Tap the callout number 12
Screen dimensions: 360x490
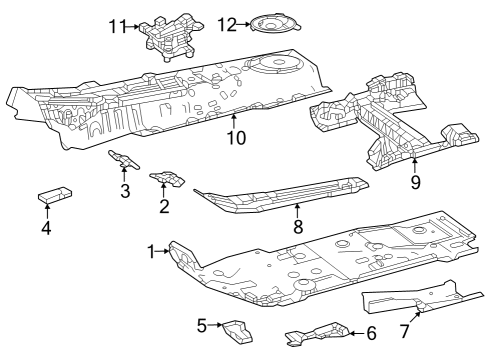click(x=227, y=23)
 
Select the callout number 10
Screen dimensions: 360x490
click(x=236, y=138)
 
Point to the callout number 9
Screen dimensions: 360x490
click(x=415, y=182)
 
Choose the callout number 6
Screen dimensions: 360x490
click(x=371, y=334)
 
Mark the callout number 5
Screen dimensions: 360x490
click(x=201, y=325)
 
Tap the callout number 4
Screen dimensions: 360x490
click(x=46, y=228)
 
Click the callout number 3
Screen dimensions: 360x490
click(x=125, y=190)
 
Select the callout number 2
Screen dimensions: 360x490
click(x=163, y=206)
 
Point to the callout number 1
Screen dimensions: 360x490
click(x=153, y=252)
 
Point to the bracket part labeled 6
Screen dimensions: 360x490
click(x=318, y=334)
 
